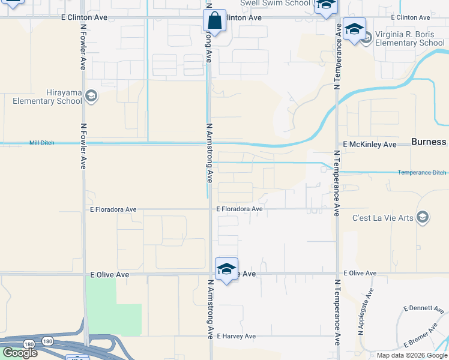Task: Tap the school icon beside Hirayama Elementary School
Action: pos(91,95)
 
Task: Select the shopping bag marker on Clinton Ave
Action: pos(214,22)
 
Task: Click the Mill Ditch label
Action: pos(41,143)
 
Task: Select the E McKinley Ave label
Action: pos(370,145)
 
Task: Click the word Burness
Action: pos(429,142)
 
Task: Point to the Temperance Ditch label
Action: pos(422,173)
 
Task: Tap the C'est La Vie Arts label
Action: pos(382,217)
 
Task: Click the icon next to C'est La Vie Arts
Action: pos(423,217)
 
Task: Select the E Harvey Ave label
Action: pos(237,337)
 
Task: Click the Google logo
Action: pos(19,353)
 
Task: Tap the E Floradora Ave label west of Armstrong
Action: pos(113,210)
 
